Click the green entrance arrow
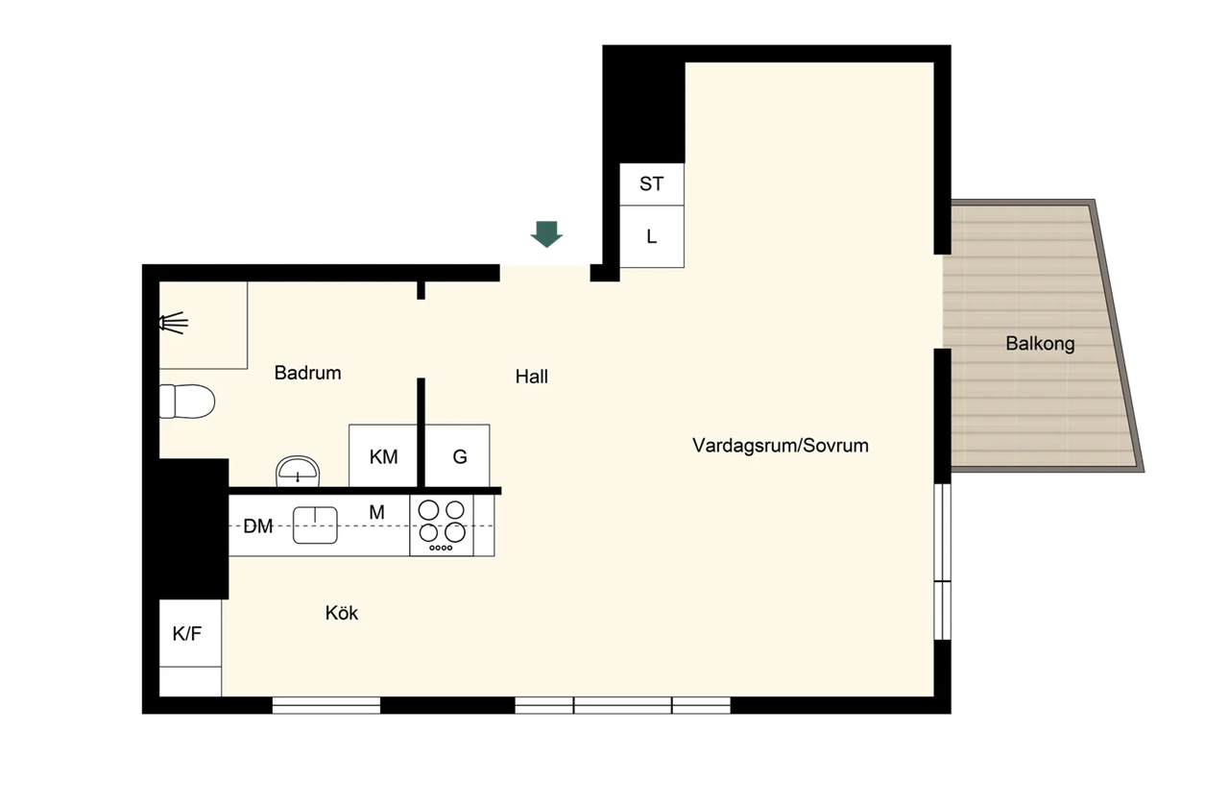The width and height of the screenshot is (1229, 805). pos(546,234)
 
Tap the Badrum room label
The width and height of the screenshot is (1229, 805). pos(308,373)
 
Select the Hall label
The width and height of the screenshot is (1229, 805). pos(532,377)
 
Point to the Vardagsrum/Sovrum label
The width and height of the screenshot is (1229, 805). pos(781,446)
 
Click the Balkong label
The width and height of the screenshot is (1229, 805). pos(1040,344)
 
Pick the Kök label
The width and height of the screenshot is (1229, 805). pos(341,613)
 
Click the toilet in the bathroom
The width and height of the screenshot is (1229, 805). pos(186,402)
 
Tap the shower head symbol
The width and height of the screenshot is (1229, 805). pos(174,323)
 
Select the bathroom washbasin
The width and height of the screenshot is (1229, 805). pos(298,471)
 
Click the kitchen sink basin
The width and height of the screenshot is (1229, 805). pos(315,525)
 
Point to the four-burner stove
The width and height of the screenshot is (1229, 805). pos(442,525)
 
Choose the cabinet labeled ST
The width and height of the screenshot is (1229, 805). pos(652,184)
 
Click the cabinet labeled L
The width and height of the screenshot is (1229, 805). pos(652,236)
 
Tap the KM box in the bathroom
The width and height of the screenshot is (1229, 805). pos(383,455)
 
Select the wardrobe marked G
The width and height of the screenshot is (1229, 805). pos(458,455)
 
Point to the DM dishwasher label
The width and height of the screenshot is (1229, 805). pos(258,526)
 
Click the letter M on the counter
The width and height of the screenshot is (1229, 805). pos(376,512)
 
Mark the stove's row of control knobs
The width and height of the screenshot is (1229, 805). pos(441,548)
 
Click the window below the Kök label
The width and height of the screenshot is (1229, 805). pos(326,705)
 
